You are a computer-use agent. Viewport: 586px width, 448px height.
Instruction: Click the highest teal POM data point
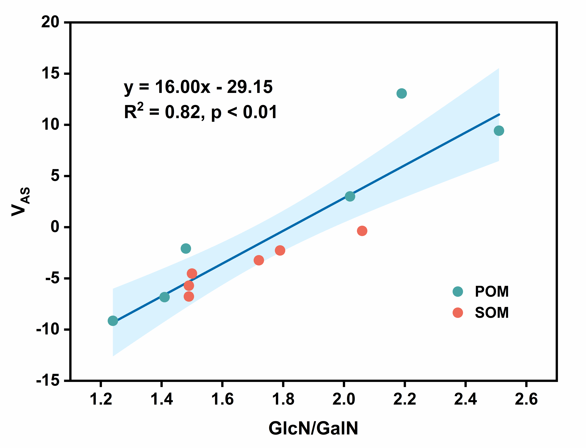point(402,93)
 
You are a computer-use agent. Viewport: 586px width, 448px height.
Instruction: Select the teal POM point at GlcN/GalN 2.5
point(499,131)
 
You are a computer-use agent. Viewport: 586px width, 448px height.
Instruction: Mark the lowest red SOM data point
point(189,296)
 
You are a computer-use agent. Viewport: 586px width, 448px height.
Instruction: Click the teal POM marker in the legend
point(458,291)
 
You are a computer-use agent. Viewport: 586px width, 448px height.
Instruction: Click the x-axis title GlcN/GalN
point(313,429)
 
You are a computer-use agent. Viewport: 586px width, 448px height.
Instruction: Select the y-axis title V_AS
point(21,201)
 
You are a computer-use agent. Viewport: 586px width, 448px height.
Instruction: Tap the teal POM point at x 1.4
point(164,297)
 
